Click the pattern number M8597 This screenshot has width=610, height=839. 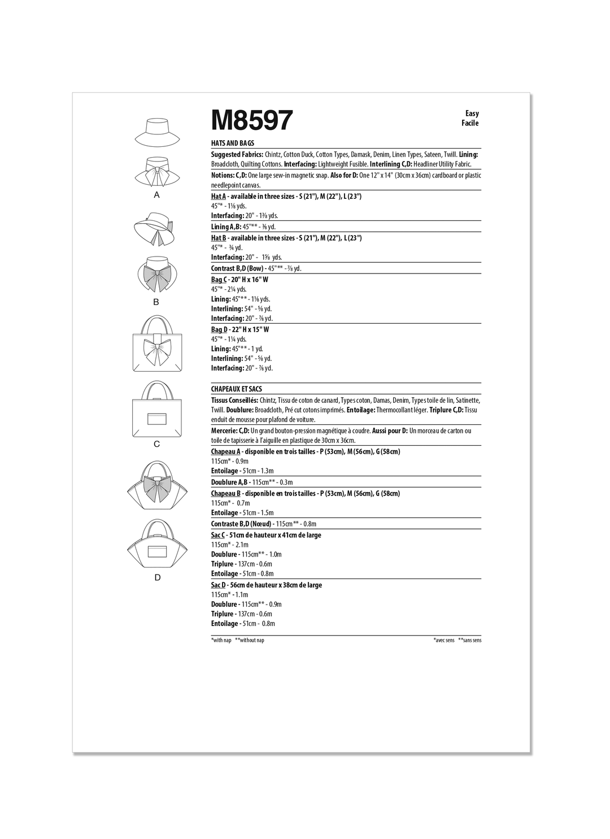252,120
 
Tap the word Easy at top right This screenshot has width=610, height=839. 472,114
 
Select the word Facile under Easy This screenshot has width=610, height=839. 469,123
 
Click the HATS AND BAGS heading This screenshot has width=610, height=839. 233,144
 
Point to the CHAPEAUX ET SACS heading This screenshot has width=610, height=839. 237,389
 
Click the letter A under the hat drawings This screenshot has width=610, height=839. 157,195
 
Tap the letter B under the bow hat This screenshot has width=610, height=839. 156,302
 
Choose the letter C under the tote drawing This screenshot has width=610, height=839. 157,444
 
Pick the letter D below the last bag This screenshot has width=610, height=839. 158,577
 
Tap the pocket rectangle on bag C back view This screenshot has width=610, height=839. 157,419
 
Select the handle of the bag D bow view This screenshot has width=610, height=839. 157,467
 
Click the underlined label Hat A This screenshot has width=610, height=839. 218,196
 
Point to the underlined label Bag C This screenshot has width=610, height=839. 219,280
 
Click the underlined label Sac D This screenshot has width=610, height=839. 218,585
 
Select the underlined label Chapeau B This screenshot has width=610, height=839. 225,493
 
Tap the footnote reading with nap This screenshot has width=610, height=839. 221,640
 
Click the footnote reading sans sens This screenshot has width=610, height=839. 470,640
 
